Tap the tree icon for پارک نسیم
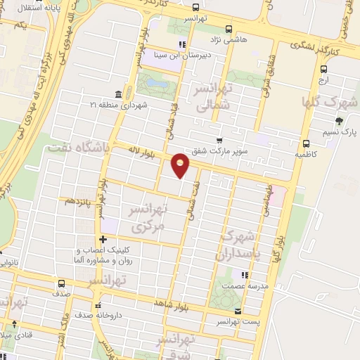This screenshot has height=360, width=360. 340,121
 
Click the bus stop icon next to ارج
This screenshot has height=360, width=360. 323,69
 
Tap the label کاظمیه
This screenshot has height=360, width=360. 307,153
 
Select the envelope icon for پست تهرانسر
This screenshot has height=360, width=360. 238,310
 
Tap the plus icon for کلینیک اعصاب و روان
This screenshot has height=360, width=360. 103,239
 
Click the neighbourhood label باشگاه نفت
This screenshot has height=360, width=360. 77,146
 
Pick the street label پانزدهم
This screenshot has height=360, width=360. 79,200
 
